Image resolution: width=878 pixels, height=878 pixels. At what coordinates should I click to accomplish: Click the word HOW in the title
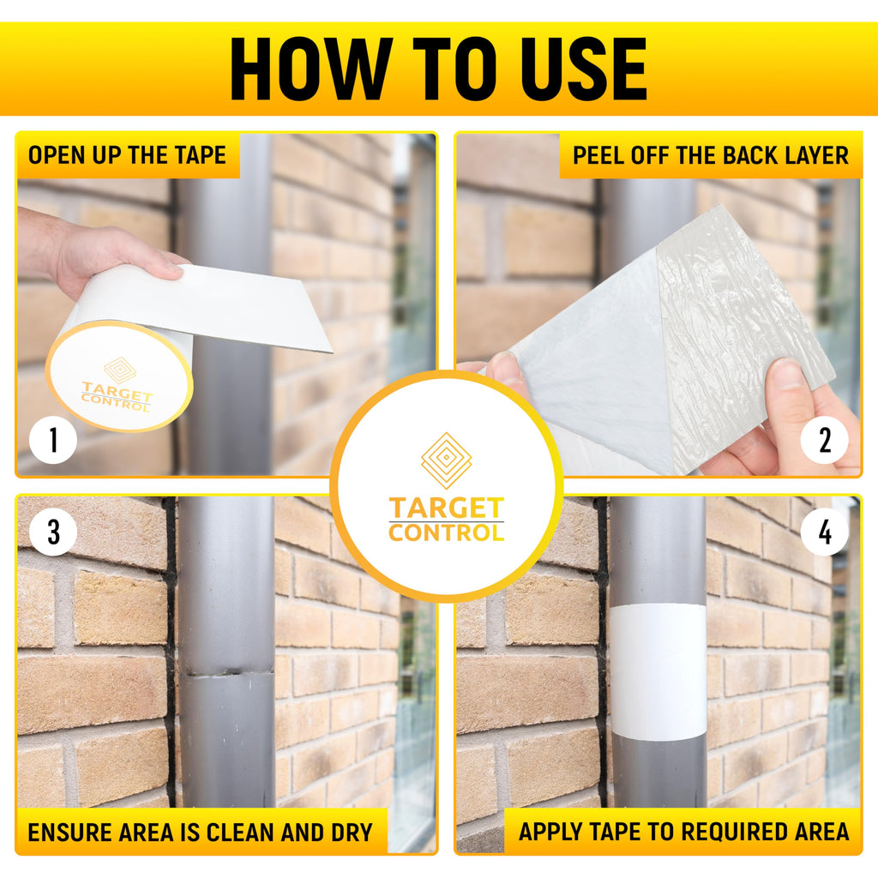[310, 69]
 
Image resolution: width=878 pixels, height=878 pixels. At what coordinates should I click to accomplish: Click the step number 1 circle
[53, 440]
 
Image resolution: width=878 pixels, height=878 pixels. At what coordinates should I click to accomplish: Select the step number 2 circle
[824, 440]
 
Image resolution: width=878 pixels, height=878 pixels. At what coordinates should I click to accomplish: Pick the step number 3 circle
[53, 532]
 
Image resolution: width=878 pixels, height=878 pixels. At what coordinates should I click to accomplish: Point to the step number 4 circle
[824, 532]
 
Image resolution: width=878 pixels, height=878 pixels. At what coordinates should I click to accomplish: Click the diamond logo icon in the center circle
[446, 460]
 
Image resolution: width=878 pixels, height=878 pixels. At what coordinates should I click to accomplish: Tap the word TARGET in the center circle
[446, 508]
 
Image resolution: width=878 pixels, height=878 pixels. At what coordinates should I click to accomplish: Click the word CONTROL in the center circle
[446, 532]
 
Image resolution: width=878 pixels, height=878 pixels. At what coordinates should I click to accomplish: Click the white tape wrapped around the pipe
[658, 672]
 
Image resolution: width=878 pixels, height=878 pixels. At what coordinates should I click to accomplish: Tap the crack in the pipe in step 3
[226, 673]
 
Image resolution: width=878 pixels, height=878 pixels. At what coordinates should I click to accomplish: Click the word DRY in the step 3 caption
[352, 832]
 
